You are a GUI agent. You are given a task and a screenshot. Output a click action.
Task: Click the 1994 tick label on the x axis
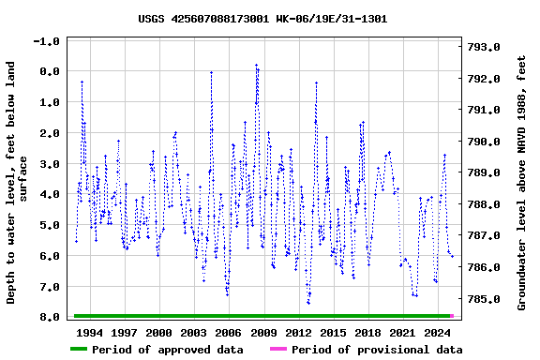[90, 332]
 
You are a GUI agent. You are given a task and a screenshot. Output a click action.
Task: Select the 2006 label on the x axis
[229, 332]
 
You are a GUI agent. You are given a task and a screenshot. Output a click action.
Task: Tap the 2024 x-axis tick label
[437, 332]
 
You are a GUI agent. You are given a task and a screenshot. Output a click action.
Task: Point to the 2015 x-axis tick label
[333, 332]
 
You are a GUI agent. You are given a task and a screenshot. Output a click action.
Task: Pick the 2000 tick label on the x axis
[159, 332]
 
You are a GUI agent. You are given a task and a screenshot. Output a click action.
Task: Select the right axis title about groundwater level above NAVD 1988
[521, 183]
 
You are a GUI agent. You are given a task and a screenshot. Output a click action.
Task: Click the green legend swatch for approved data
[79, 350]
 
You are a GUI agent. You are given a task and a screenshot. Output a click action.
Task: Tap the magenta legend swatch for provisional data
[277, 350]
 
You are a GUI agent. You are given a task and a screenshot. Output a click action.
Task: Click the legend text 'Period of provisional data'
[377, 350]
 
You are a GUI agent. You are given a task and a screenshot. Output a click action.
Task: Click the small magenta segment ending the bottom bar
[452, 316]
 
